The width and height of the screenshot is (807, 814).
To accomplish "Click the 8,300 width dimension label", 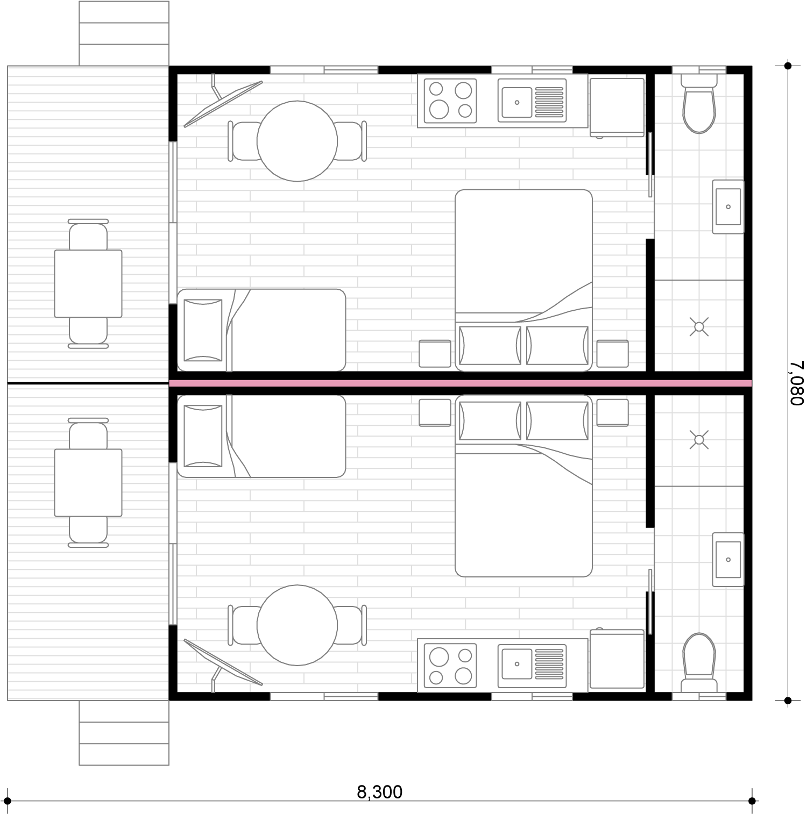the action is tap(379, 791).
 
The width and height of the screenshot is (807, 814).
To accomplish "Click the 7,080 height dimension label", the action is tap(797, 383).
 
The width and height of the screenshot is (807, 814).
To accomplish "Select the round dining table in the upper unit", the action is tap(297, 141).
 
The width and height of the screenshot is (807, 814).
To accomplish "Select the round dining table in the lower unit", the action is tap(297, 625).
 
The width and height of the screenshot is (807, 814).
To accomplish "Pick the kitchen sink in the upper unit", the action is tap(532, 101).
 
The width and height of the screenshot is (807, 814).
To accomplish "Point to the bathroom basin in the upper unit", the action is tap(728, 207).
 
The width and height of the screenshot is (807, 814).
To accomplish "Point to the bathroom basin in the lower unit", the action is tap(728, 559).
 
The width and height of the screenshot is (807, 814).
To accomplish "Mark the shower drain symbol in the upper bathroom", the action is tap(699, 326).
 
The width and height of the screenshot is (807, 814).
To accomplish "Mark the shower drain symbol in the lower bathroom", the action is tap(699, 440).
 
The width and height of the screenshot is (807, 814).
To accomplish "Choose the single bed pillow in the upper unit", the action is tap(203, 330).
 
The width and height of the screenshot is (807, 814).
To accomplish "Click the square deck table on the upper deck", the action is tap(88, 283).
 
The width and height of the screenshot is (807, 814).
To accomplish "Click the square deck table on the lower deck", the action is tap(88, 483).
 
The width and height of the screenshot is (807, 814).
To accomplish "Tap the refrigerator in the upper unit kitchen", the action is tap(617, 106).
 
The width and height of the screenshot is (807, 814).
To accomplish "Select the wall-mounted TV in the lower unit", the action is tap(223, 662).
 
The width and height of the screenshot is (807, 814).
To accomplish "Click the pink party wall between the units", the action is tap(461, 383).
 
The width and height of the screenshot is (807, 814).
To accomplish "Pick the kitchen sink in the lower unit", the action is tap(532, 666).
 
